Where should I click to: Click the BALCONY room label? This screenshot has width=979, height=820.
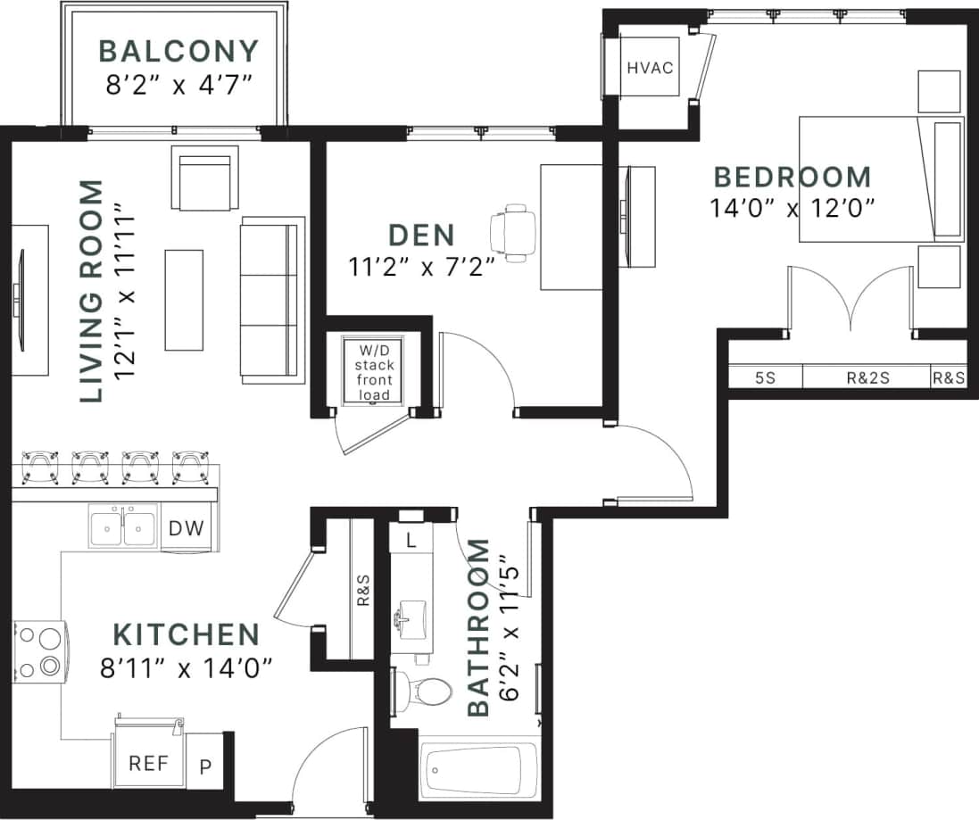coord(178,51)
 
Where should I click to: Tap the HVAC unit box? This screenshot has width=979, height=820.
coord(649,68)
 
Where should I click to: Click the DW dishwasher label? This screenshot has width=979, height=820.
coord(187,528)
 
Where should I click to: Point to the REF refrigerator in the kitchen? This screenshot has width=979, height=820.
coord(148,764)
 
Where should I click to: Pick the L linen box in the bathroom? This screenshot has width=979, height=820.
coord(411,541)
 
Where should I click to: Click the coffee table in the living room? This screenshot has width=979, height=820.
coord(184,299)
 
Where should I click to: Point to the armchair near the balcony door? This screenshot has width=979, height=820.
coord(206,178)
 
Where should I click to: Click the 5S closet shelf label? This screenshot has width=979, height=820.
coord(765,377)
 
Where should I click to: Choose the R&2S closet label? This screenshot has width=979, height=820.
coord(867,377)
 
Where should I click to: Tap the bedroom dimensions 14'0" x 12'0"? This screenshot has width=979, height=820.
coord(791,208)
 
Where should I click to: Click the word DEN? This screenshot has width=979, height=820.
coord(421,236)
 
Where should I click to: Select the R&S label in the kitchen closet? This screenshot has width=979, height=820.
coord(363,590)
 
